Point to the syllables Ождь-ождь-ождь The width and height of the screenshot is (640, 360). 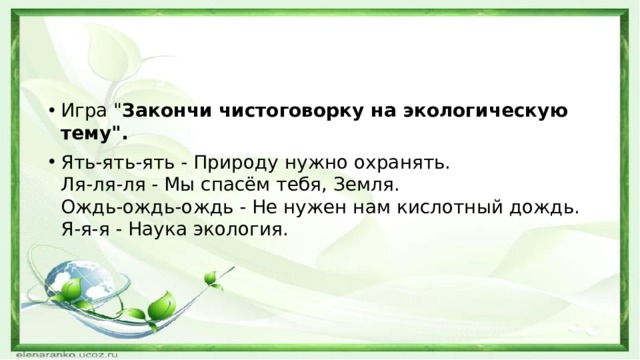tap(127, 207)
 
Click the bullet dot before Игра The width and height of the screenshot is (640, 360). tap(50, 111)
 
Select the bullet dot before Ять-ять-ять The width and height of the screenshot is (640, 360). tap(50, 161)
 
